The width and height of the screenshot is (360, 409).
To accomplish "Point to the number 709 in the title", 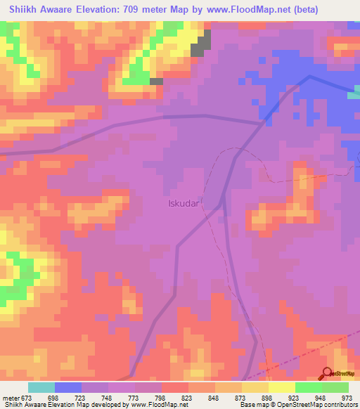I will [x=136, y=9].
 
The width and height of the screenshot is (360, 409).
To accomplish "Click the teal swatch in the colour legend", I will [x=41, y=387].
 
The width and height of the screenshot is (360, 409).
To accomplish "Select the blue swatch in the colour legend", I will [x=68, y=387].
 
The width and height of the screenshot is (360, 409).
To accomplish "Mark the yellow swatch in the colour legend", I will [x=282, y=387].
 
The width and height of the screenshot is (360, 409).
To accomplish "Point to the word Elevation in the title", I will [x=99, y=9].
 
